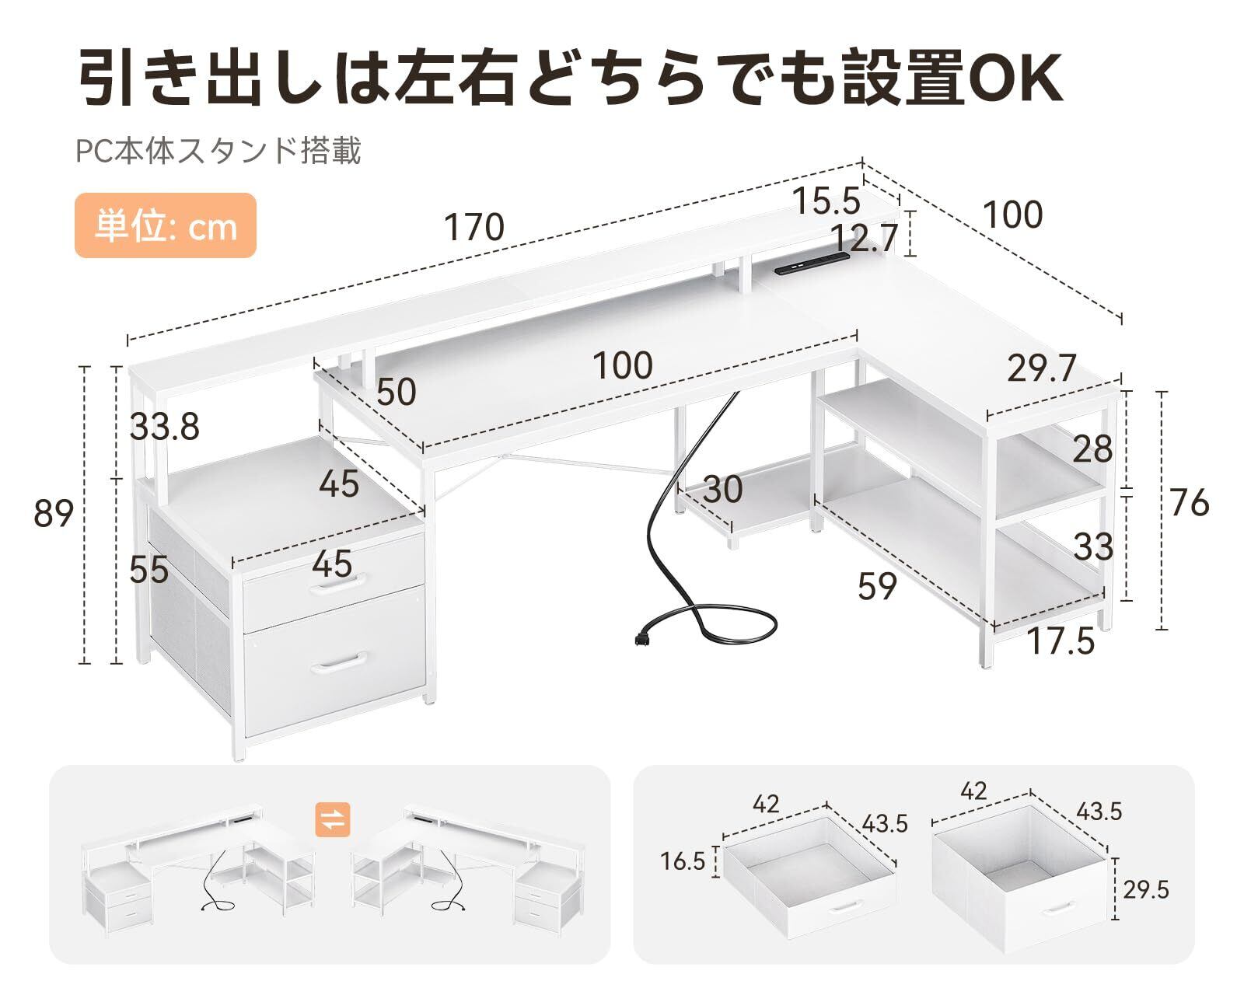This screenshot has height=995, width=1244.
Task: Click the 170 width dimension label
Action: click(x=473, y=228)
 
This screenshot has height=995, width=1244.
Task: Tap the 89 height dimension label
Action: click(x=54, y=514)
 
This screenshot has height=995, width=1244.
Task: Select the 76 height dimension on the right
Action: click(x=1189, y=504)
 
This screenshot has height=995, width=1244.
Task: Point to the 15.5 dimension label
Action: click(x=826, y=201)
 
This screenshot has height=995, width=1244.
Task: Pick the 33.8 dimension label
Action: click(x=164, y=427)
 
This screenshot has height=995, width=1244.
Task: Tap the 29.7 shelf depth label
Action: click(x=1041, y=367)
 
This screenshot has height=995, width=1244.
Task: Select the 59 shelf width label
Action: click(x=877, y=586)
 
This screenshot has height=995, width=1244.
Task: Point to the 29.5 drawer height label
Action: click(x=1145, y=889)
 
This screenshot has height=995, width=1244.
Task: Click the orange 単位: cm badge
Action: click(x=165, y=226)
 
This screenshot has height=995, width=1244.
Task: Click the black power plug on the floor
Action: click(x=642, y=639)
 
